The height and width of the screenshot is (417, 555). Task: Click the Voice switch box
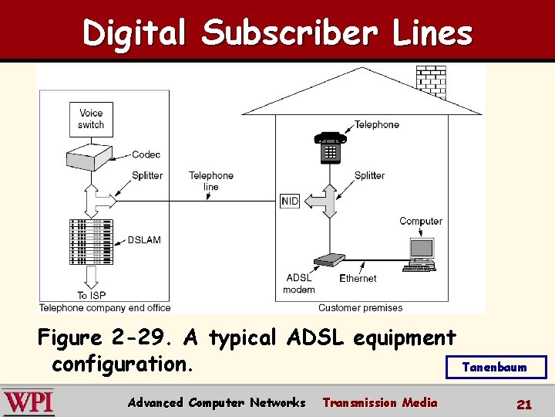tap(91, 119)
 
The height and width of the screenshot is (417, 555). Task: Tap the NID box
tap(290, 201)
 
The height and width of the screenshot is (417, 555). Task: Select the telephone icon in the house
tap(330, 147)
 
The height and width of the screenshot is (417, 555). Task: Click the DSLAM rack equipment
tap(91, 242)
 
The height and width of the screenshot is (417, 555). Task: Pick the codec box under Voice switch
tap(91, 158)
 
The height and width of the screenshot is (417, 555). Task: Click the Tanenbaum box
tap(496, 367)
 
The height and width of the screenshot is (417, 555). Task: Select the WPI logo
tap(29, 402)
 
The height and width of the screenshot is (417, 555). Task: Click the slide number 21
tap(524, 403)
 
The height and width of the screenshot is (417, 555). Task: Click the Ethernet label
tap(358, 278)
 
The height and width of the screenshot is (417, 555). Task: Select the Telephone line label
tap(210, 181)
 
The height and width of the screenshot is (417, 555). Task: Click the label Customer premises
tap(360, 307)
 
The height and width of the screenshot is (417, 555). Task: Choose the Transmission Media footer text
tap(379, 402)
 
